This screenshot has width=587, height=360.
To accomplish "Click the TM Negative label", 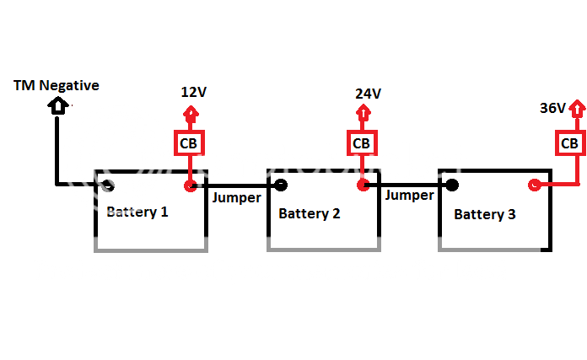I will click(x=57, y=85).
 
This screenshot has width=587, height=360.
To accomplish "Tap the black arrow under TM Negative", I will click(x=57, y=105).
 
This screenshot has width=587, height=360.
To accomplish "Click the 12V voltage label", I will click(x=193, y=92).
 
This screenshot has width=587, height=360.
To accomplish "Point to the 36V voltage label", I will click(x=553, y=108).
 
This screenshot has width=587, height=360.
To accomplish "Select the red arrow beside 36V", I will click(x=577, y=110).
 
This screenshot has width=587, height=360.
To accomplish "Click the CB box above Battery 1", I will click(x=189, y=143).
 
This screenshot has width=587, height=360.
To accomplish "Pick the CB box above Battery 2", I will click(x=362, y=143).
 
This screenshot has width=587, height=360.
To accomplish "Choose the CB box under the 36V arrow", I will click(x=571, y=143).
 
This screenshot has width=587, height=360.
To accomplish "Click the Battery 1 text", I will click(x=137, y=211).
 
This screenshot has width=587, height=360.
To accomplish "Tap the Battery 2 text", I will click(x=310, y=213).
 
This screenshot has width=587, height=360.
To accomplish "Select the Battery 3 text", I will click(x=485, y=214).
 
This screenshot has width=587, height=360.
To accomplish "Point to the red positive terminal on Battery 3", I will click(x=534, y=185).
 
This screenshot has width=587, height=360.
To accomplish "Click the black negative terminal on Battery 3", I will click(x=453, y=185).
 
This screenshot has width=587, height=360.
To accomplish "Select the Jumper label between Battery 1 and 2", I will click(x=237, y=198).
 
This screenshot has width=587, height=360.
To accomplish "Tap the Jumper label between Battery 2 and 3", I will click(x=409, y=195).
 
